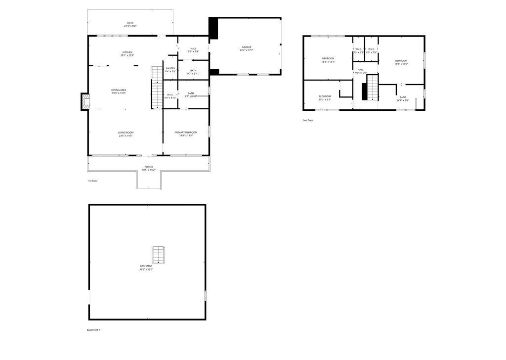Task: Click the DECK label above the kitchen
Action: [x=130, y=24]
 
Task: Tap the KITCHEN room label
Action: [x=127, y=54]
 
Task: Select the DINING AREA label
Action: [x=119, y=91]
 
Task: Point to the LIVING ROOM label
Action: [x=126, y=134]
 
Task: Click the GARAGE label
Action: [x=246, y=48]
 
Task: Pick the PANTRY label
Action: [x=170, y=70]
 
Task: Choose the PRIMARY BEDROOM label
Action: [x=186, y=134]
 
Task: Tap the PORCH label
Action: [x=148, y=168]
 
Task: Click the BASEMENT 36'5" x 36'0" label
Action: [x=146, y=268]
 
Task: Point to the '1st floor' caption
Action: [x=92, y=181]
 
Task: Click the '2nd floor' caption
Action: [x=308, y=120]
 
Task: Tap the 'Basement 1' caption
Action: [x=93, y=330]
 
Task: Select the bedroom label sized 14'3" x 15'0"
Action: [x=401, y=62]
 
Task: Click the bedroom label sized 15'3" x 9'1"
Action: [x=325, y=97]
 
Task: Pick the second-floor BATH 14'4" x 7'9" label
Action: [x=402, y=98]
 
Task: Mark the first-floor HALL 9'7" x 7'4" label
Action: [x=193, y=50]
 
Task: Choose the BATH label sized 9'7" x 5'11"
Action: [x=193, y=72]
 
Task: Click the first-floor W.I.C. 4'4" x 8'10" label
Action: [x=170, y=96]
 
